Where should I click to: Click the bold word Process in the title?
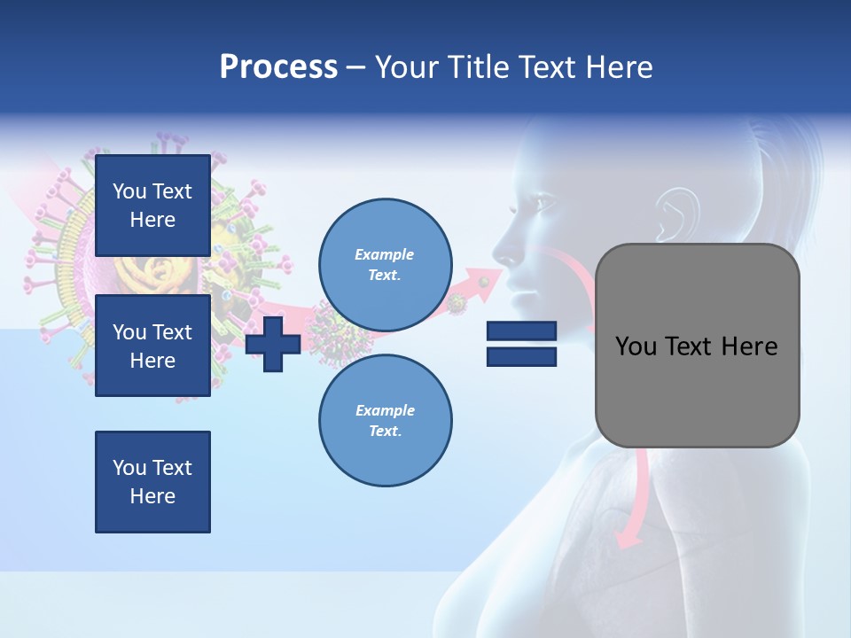[x=278, y=67]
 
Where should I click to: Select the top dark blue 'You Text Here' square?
[x=152, y=206]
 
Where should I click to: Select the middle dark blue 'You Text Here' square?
[x=152, y=346]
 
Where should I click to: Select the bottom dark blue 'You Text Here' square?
[x=152, y=482]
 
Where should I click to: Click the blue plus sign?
[x=273, y=345]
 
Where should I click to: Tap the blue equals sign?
[x=521, y=344]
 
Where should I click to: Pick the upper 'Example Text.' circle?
[x=386, y=264]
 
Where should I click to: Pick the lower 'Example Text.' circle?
[x=386, y=420]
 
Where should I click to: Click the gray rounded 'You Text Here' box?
[x=697, y=346]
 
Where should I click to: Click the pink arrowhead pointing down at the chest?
[x=628, y=535]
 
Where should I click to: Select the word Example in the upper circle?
[x=384, y=254]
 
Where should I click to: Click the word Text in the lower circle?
[x=384, y=431]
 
